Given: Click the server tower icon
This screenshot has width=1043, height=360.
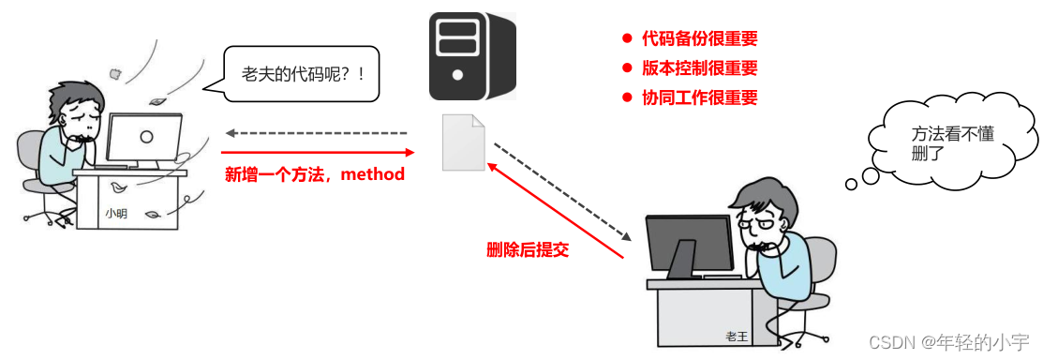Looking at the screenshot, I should pos(472,56).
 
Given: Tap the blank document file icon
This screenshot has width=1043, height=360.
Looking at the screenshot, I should pos(464,142).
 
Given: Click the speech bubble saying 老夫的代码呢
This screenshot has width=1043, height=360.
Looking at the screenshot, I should pos(302,73).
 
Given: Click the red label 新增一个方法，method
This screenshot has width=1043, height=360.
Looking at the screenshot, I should pos(315,174).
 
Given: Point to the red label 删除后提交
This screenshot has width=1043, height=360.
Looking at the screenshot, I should pos(528,249).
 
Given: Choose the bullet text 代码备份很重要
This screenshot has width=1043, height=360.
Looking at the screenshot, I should pos(699,39).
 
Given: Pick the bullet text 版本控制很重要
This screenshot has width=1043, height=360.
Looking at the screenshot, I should pos(699,68).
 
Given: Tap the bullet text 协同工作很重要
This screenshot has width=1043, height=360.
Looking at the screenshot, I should pos(699,97).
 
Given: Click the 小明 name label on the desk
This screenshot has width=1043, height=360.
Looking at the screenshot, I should pos(116,214).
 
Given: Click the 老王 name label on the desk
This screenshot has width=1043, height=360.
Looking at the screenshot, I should pos(737,336).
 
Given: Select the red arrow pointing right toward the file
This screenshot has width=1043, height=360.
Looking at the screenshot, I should pos(318,151).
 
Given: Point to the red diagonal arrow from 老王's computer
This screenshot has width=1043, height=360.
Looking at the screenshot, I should pos(555,209).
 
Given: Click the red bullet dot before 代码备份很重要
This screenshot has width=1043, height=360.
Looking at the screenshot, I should pos(627,39).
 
